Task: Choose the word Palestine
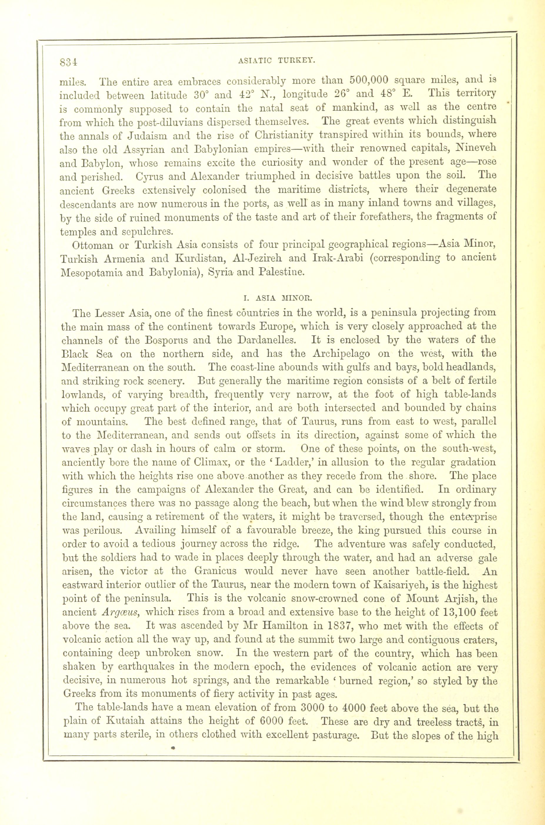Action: [x=282, y=272]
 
